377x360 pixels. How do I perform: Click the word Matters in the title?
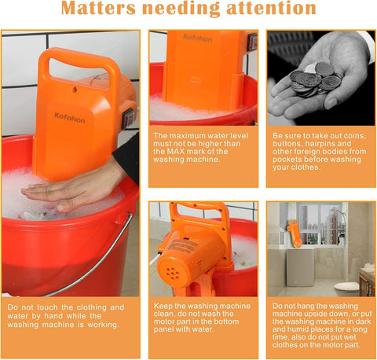coord(98,8)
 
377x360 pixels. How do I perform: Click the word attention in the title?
coord(271,8)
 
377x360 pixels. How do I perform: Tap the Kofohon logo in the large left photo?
coord(70,118)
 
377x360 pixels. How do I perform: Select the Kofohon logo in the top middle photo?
coord(197,39)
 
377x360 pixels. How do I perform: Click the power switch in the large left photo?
coord(129,119)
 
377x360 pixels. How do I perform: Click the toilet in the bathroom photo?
coord(346,288)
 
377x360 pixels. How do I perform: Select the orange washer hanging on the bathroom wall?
coord(295,233)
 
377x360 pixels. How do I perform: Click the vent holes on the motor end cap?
coord(173,274)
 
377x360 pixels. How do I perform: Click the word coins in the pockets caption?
coord(354,136)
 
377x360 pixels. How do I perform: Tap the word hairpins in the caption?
coord(321,144)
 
